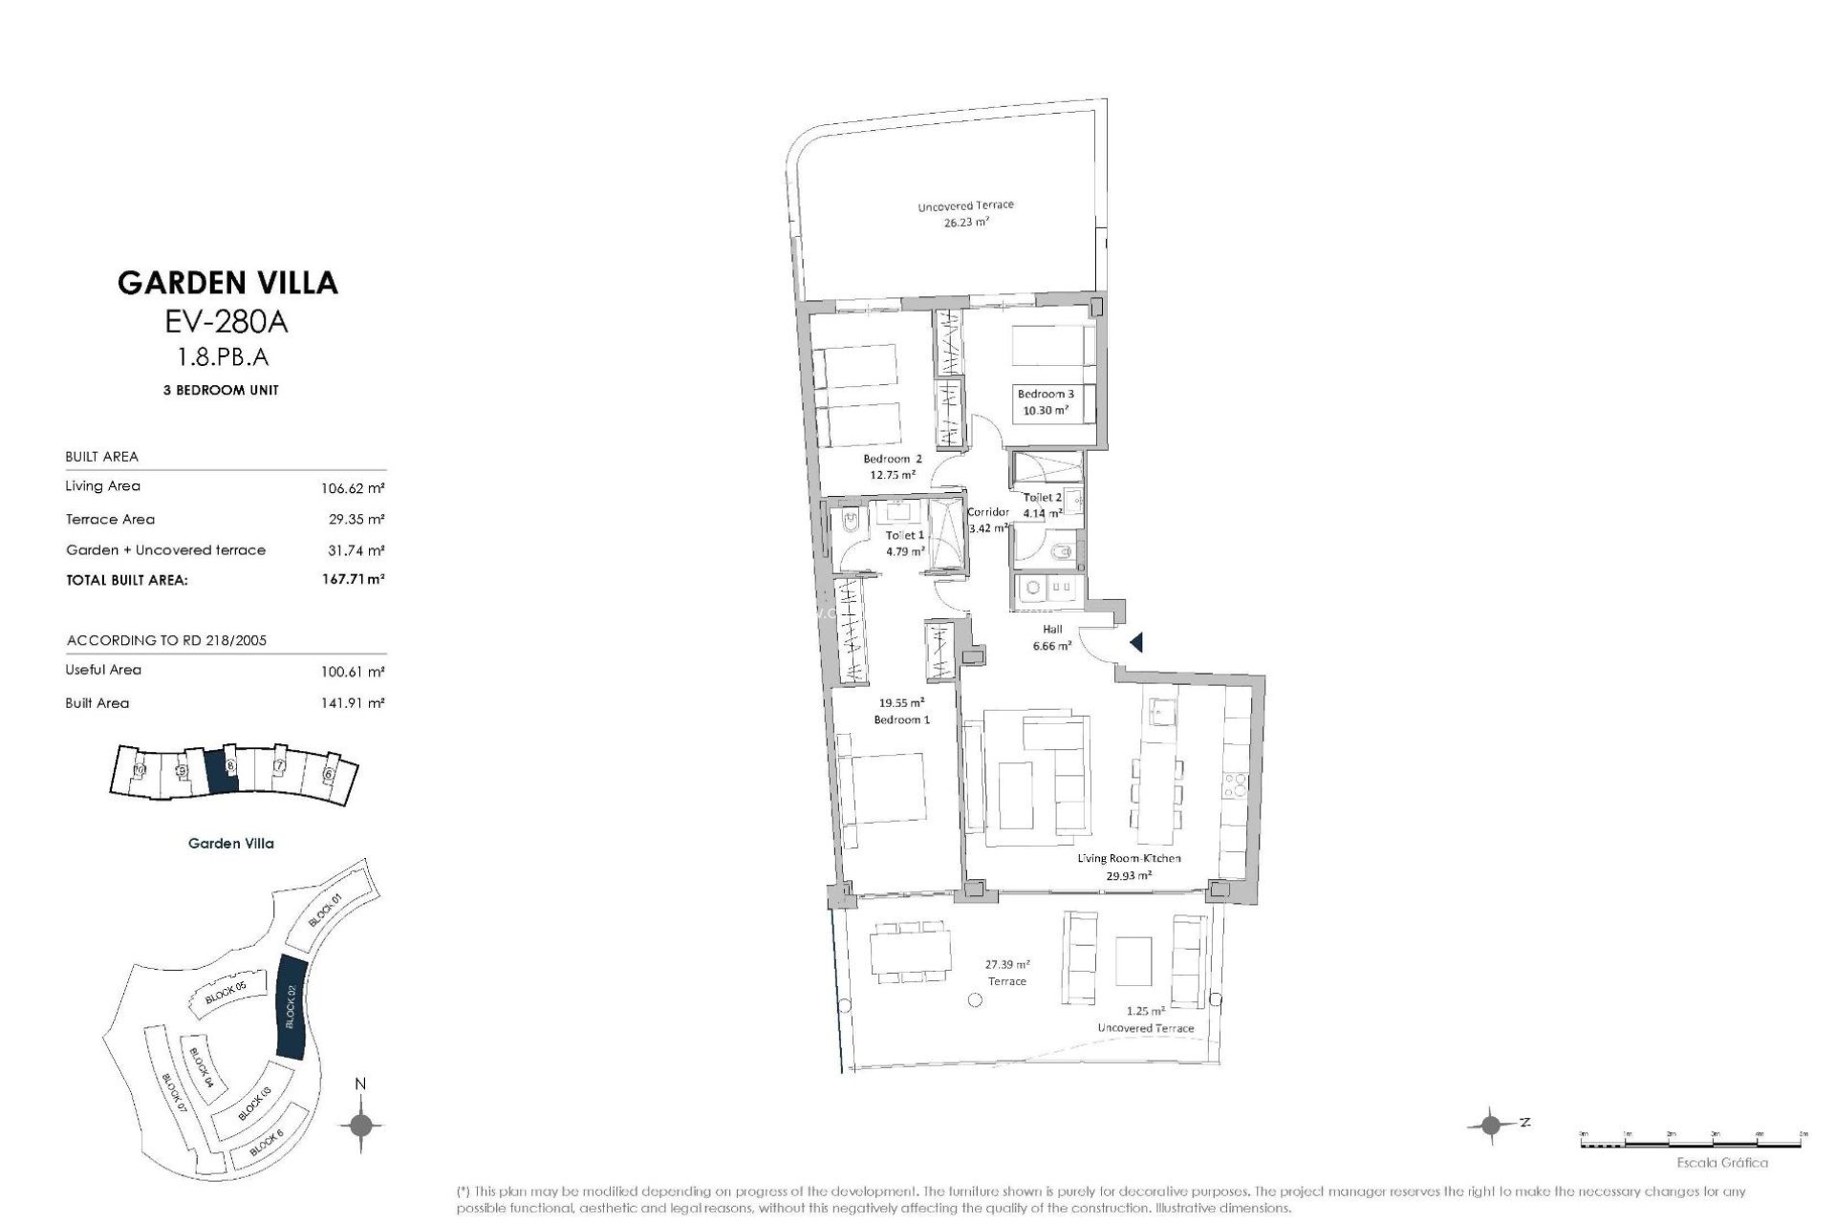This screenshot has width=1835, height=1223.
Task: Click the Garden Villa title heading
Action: point(227,282)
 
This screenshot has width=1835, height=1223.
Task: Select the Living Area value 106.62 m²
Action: point(353,487)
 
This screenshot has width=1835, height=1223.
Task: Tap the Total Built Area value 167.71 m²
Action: point(353,579)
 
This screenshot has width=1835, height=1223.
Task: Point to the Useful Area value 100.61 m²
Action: point(353,672)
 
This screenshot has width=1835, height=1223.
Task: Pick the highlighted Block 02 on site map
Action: point(291,1006)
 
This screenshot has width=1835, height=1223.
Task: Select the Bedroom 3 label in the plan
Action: point(1045,401)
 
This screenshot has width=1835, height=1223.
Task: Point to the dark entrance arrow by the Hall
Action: point(1136,643)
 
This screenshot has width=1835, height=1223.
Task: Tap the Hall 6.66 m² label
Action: point(1051,637)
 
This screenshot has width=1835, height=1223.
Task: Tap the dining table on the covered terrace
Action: point(910,951)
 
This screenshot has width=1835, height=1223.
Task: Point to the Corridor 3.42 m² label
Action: point(988,520)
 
